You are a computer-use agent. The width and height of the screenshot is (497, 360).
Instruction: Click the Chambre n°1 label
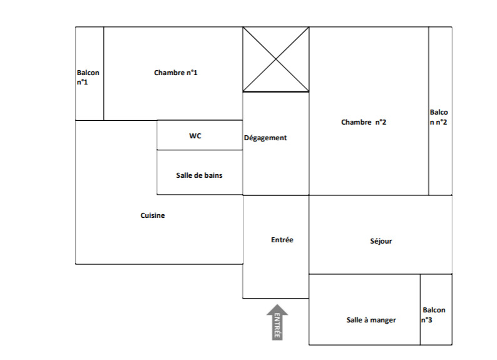[176, 73]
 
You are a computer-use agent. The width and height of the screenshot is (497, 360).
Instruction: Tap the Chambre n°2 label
[364, 122]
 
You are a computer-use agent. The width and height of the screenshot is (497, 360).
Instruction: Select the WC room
[200, 135]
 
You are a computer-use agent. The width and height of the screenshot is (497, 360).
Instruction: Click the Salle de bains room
[200, 172]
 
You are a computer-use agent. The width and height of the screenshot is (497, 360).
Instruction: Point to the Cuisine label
[153, 215]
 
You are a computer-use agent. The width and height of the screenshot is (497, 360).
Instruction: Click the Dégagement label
[265, 138]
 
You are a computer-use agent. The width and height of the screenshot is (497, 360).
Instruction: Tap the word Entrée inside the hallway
[282, 240]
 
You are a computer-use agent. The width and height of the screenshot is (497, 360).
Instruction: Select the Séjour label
[381, 241]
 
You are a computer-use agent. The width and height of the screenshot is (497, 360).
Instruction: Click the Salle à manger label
[371, 320]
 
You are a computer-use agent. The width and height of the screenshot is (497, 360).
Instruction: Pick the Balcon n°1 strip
[90, 73]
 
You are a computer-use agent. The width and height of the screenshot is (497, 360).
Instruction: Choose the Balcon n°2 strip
[440, 111]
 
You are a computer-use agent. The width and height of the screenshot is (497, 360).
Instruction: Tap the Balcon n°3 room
[436, 309]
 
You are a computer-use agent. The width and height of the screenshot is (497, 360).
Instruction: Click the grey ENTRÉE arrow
[277, 322]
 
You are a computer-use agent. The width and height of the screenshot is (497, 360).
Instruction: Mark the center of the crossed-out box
[276, 59]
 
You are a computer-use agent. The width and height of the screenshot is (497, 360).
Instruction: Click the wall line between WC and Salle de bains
[200, 150]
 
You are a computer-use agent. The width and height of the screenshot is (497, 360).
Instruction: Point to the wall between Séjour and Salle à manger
[381, 274]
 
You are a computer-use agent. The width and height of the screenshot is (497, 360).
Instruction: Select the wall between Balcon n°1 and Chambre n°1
[104, 73]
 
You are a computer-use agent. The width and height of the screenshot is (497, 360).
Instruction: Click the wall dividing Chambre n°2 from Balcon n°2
[429, 111]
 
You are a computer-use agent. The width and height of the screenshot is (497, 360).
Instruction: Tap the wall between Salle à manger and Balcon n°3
[420, 309]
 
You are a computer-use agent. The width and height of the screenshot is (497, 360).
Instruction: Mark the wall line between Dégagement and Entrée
[276, 195]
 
